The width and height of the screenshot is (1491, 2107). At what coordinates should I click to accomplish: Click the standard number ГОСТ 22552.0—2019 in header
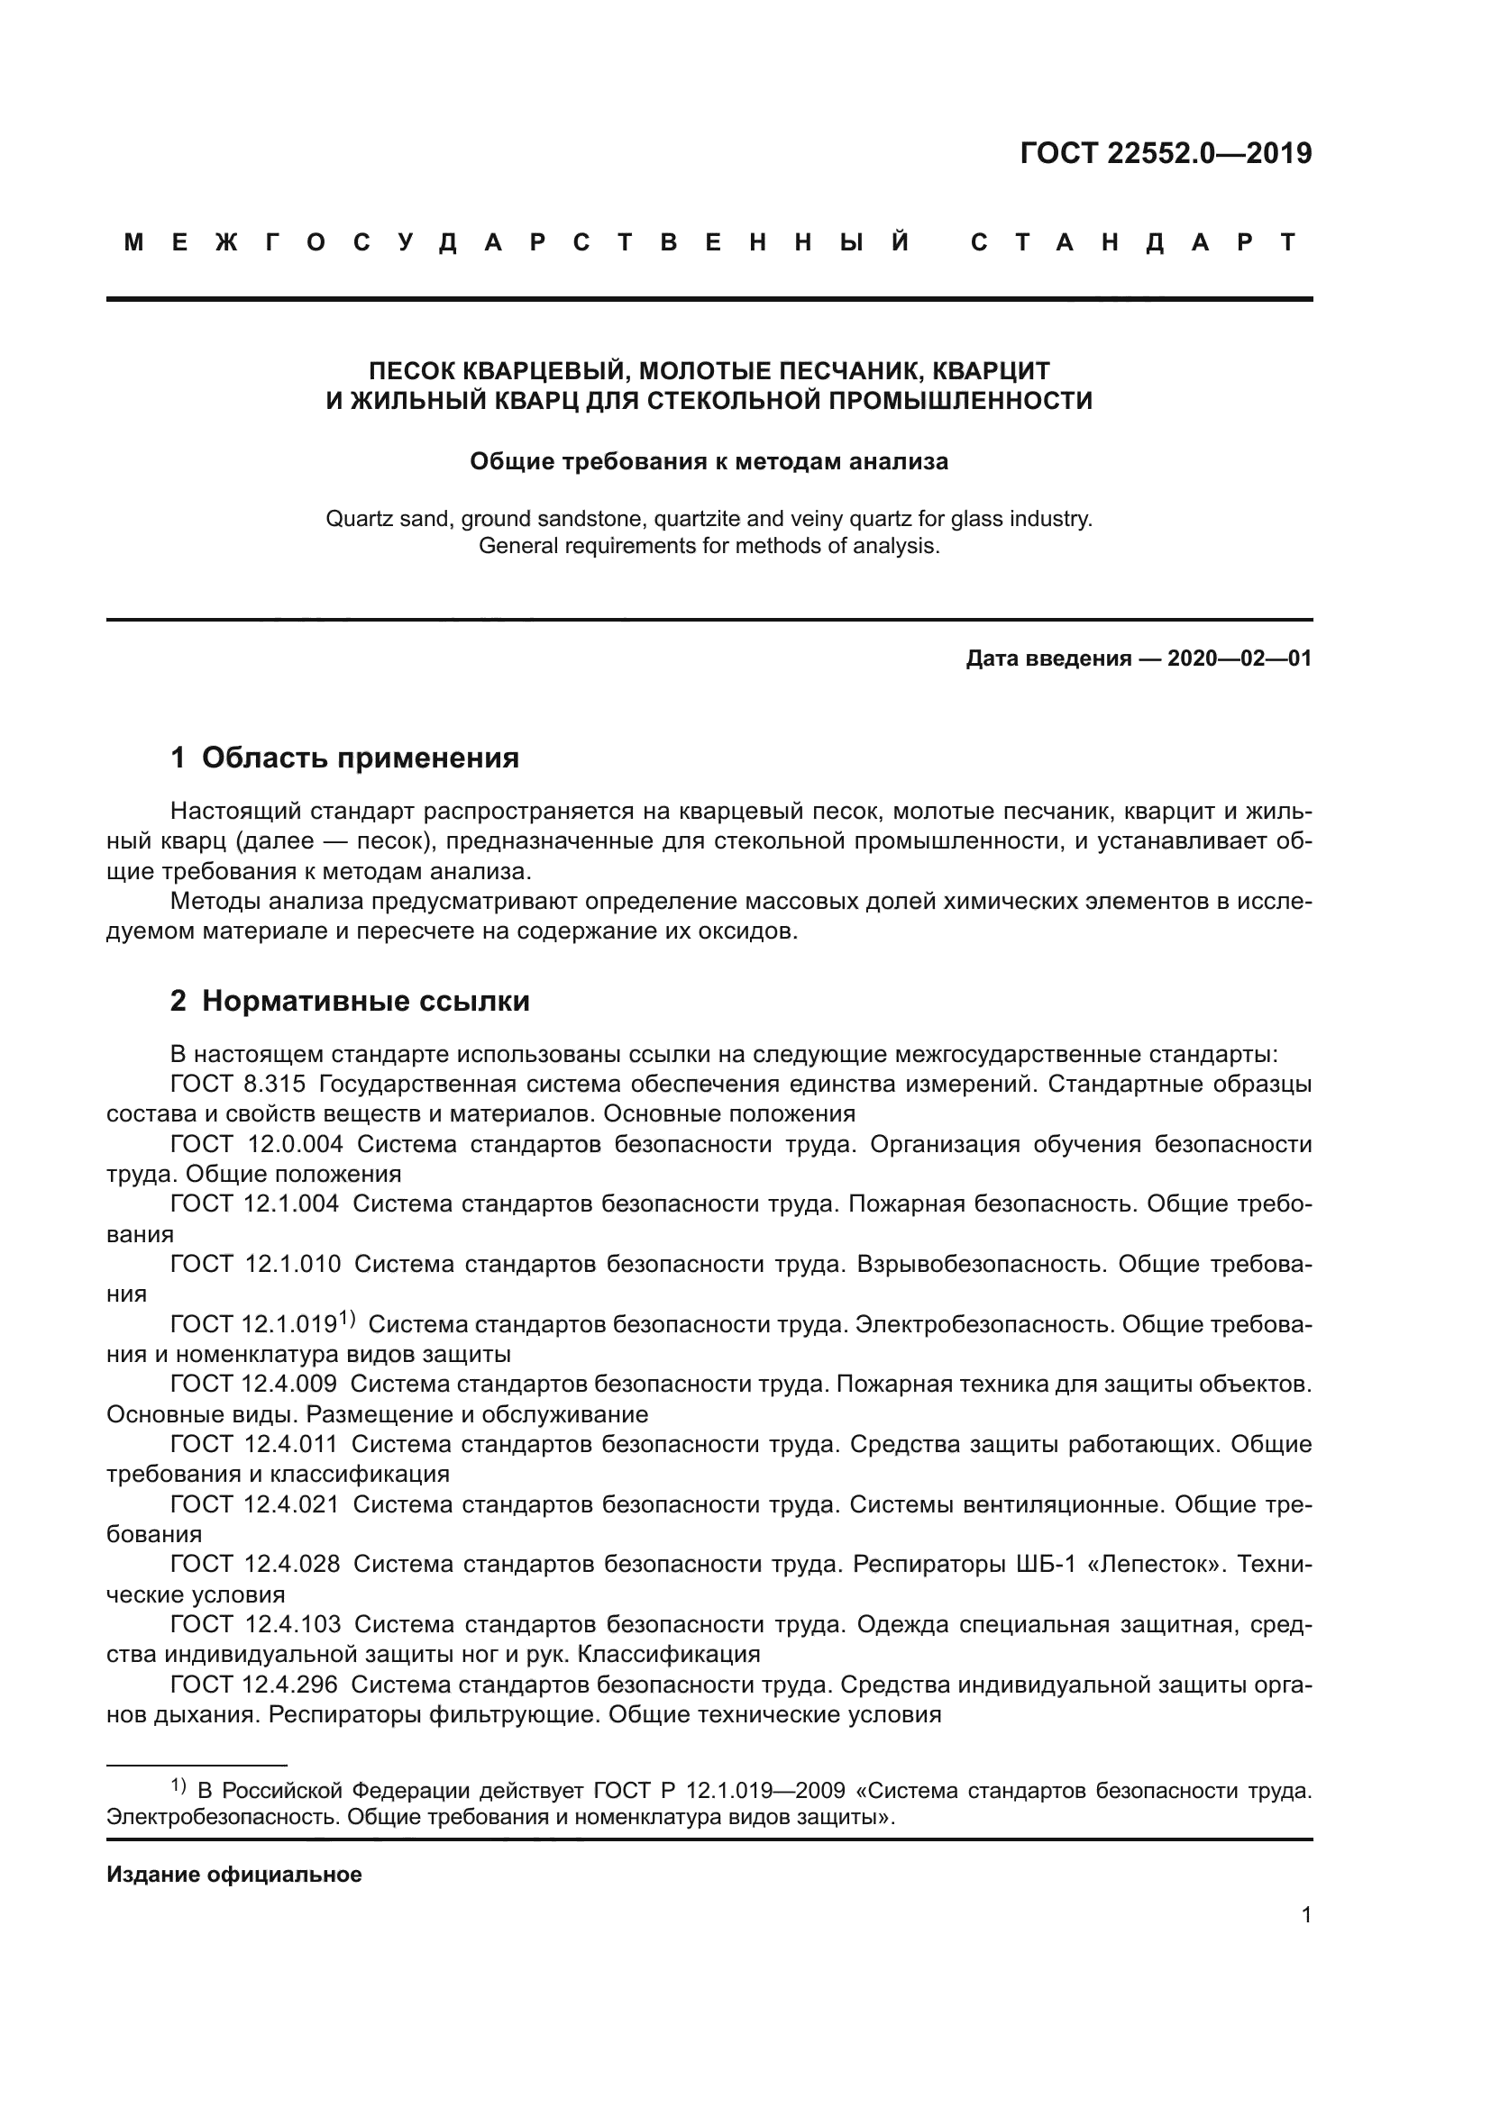click(1165, 153)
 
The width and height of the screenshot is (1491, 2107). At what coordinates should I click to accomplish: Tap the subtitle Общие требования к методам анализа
click(708, 461)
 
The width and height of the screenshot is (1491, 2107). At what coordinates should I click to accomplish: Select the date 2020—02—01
click(1239, 658)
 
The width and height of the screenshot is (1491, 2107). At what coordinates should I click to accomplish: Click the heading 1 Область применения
click(344, 758)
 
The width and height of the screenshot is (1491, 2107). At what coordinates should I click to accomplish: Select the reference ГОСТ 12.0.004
click(256, 1144)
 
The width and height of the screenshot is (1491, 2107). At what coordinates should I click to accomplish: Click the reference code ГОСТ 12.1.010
click(255, 1265)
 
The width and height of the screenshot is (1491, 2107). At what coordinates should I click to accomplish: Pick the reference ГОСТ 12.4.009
click(253, 1384)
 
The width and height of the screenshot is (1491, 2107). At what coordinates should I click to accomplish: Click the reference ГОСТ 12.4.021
click(254, 1505)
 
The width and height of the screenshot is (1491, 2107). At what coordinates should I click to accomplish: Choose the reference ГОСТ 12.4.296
click(253, 1685)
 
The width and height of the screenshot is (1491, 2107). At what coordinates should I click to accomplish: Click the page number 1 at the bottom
click(1305, 1914)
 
